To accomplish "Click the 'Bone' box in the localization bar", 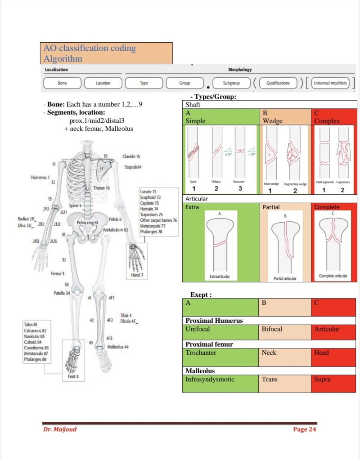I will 63,83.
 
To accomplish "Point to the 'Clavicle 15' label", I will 131,156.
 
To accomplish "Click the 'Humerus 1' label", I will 40,178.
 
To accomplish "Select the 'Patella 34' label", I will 62,293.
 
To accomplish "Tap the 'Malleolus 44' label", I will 118,347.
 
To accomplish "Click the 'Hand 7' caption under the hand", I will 135,275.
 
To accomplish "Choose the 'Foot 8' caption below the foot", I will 73,376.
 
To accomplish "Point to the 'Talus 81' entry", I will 31,324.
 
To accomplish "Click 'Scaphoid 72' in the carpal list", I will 150,197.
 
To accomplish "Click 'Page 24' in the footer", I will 305,429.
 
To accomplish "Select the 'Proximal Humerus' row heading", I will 214,321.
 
